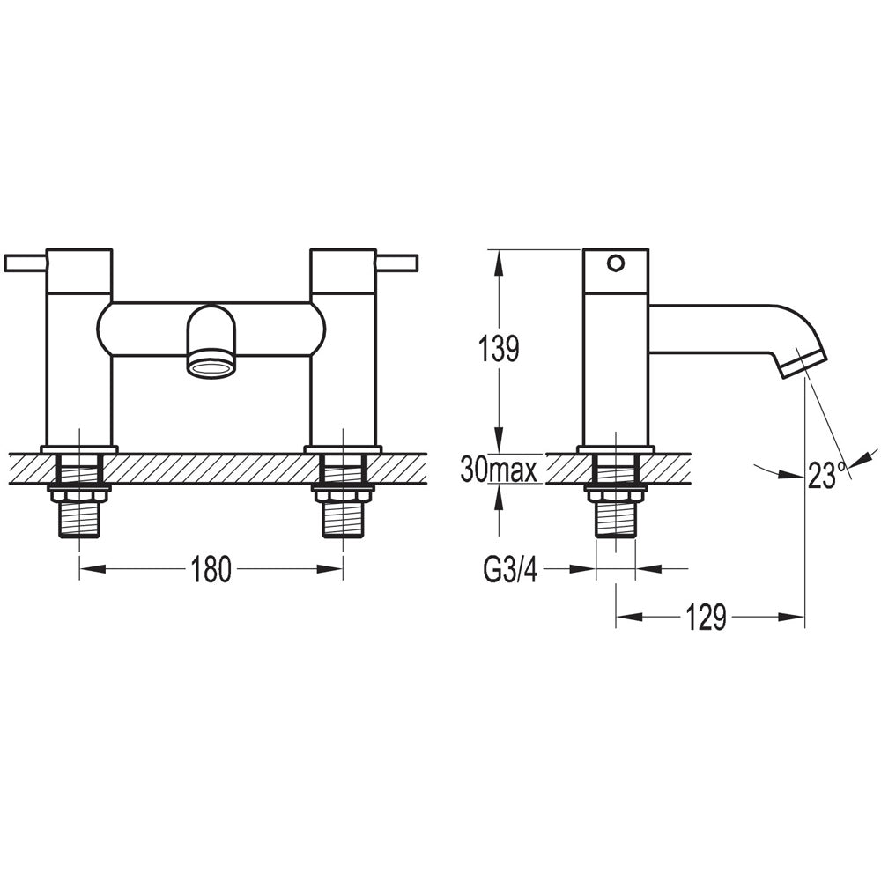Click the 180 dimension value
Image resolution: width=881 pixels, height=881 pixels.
211,569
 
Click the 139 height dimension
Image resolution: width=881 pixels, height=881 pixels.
499,350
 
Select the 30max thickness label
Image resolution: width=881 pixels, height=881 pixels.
499,470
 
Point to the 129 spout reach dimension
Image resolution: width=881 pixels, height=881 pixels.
707,618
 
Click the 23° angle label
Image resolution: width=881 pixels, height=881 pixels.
827,476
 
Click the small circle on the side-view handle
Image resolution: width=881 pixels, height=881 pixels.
616,263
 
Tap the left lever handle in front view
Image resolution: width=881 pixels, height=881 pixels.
26,263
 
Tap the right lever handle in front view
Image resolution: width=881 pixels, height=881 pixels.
396,263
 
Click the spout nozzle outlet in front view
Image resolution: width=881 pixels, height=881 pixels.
211,368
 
